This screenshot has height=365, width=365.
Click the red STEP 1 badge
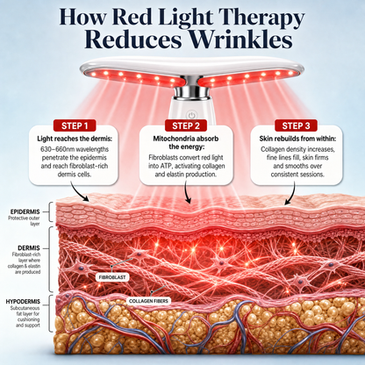coord(75,125)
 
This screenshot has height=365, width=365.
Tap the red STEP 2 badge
coord(186,125)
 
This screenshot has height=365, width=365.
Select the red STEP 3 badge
coord(296,125)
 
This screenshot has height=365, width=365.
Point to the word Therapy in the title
coord(261,18)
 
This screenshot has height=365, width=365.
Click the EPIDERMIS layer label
coord(25,211)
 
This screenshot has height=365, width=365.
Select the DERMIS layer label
coord(29,248)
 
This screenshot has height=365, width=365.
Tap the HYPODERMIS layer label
coord(23,301)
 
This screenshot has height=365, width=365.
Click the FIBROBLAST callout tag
coord(112,277)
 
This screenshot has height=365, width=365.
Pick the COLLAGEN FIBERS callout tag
coord(148,301)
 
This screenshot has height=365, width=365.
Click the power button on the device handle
coord(191,115)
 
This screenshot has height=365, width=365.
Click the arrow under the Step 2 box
coord(187,192)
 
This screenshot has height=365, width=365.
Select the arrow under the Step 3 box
coord(291,193)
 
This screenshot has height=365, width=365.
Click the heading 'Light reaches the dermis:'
coord(75,139)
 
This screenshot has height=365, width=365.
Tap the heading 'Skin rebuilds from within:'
coord(297,139)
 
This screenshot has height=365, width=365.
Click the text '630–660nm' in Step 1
coord(55,149)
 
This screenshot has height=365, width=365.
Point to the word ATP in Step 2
coord(161,166)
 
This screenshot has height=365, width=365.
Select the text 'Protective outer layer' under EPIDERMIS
coord(25,221)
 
